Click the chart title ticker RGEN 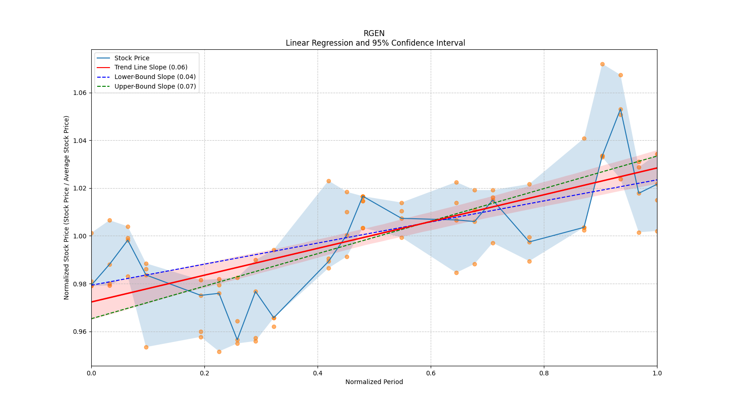coord(374,33)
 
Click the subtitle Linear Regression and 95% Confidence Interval coord(375,43)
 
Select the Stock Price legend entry coord(132,58)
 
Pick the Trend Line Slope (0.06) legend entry coord(151,67)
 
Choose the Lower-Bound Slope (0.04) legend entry coord(155,77)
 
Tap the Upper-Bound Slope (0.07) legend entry coord(155,86)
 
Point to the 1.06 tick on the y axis coord(80,93)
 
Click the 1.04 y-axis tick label coord(80,141)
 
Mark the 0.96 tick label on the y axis coord(80,332)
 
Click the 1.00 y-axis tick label coord(80,236)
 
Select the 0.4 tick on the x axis coord(318,373)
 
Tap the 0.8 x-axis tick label coord(544,373)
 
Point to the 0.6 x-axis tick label coord(431,373)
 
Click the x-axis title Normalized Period coord(374,382)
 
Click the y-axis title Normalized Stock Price coord(67,207)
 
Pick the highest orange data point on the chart coord(602,64)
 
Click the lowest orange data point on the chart coord(219,352)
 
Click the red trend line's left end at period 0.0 coord(92,301)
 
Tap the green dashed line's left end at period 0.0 coord(92,318)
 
